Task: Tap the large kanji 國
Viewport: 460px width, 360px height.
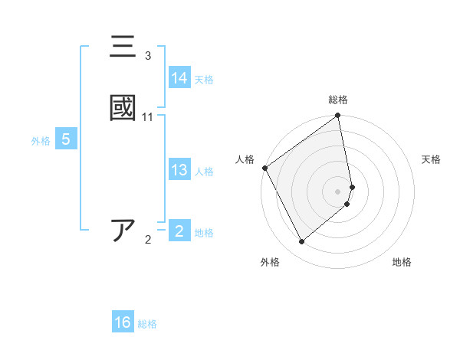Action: [x=123, y=108]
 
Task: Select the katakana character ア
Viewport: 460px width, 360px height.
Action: [x=123, y=231]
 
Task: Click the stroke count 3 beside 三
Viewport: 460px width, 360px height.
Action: [x=148, y=56]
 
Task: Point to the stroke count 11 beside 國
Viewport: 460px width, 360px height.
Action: [x=148, y=116]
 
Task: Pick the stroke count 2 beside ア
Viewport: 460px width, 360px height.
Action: [x=148, y=240]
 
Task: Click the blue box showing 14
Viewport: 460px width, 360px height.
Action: [x=179, y=78]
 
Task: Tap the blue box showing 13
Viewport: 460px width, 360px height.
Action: [x=179, y=170]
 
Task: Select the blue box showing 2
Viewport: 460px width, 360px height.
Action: [x=179, y=231]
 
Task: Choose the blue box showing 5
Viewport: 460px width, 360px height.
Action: [x=66, y=139]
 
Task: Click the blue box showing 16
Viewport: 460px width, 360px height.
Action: [x=123, y=322]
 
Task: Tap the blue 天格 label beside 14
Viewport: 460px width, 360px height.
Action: [x=204, y=80]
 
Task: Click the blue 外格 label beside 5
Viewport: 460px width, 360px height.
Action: [x=41, y=141]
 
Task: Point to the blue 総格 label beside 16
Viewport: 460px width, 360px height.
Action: [x=147, y=324]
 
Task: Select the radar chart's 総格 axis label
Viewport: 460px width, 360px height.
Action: [x=338, y=100]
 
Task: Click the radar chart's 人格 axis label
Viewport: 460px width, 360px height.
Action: [x=245, y=159]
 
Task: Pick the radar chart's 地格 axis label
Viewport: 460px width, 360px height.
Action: [x=402, y=262]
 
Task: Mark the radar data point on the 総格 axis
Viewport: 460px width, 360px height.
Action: [x=338, y=116]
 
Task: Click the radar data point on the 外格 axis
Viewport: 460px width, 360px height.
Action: [x=301, y=242]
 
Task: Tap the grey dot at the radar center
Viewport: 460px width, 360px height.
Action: [x=338, y=191]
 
